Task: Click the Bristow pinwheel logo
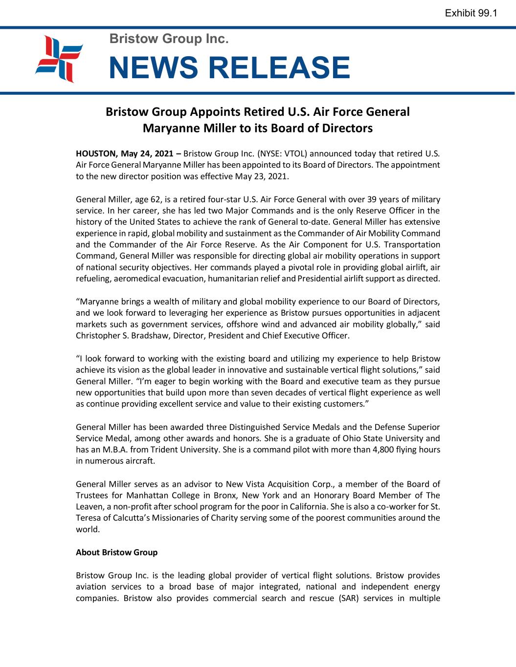[59, 59]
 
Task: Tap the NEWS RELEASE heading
[229, 67]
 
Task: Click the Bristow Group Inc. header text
[169, 38]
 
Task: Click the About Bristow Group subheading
[116, 552]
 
